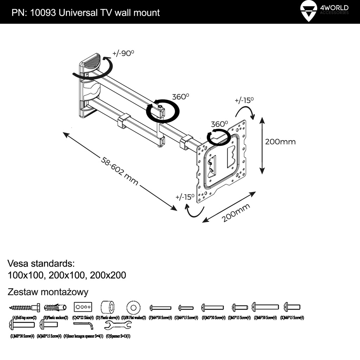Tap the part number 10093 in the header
point(42,13)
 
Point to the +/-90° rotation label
point(123,53)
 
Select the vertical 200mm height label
point(280,142)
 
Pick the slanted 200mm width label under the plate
point(236,213)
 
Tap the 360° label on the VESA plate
point(219,124)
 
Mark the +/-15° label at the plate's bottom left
point(185,197)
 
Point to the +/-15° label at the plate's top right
point(244,100)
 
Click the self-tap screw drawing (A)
point(24,308)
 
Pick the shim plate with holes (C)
point(83,307)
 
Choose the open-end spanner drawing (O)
point(118,324)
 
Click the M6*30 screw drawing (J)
point(265,307)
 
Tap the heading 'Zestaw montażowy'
point(48,292)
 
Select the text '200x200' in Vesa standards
point(108,275)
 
